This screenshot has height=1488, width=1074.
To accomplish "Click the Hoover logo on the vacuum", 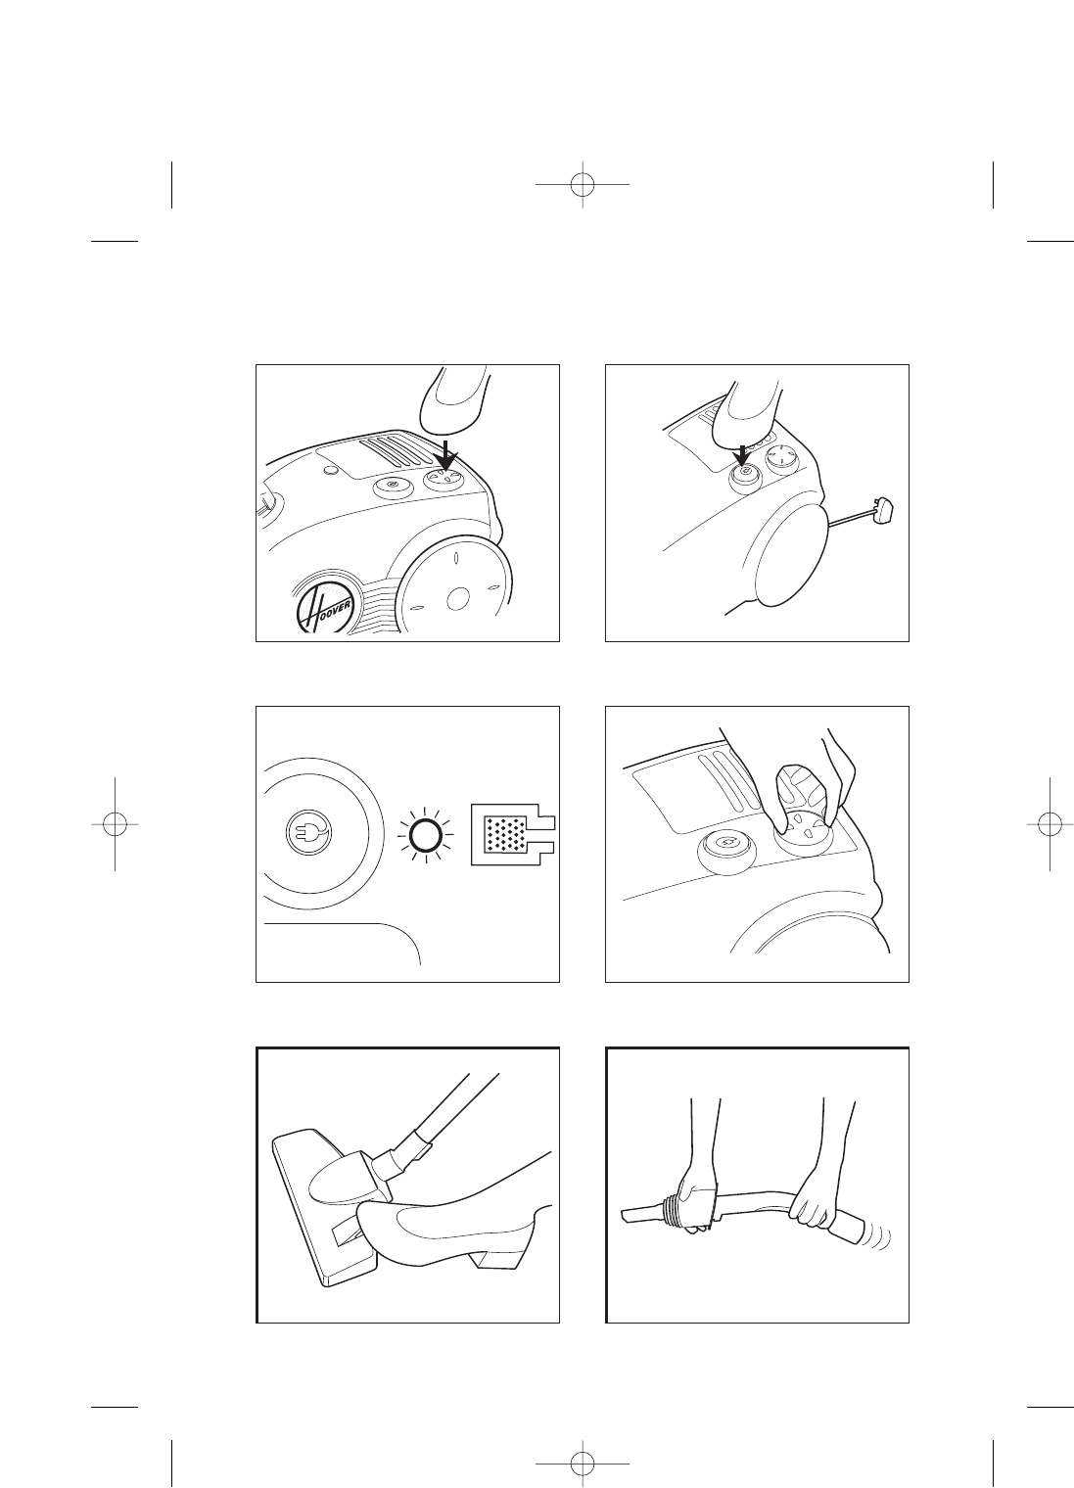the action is pyautogui.click(x=325, y=602).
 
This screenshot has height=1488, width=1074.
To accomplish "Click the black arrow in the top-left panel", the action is pyautogui.click(x=447, y=454).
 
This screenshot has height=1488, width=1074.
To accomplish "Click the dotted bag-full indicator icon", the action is pyautogui.click(x=512, y=835).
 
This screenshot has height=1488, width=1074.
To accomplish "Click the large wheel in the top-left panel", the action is pyautogui.click(x=457, y=584).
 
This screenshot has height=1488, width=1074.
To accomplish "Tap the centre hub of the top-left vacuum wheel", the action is pyautogui.click(x=457, y=599).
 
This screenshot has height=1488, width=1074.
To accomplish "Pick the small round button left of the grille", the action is pyautogui.click(x=328, y=470).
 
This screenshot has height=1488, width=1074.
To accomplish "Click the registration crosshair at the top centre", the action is pyautogui.click(x=583, y=184).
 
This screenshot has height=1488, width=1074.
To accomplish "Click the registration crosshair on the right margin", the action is pyautogui.click(x=1051, y=823).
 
